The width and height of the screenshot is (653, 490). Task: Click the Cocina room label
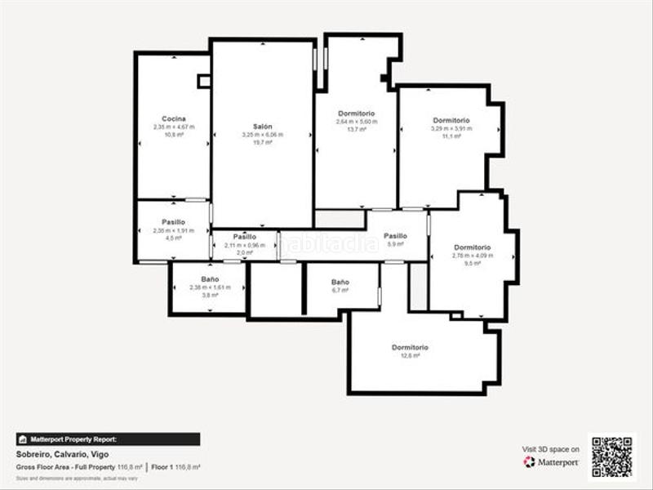[173, 119]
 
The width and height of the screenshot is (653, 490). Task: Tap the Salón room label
[262, 127]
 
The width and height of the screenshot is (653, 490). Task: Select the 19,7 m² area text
[262, 142]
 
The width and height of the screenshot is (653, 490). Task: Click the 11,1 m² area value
[451, 136]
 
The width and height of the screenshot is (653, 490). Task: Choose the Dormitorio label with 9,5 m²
[472, 247]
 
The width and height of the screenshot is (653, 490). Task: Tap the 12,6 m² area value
[410, 355]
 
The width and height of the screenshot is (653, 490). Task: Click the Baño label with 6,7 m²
[340, 282]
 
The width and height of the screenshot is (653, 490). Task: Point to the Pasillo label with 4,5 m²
[173, 222]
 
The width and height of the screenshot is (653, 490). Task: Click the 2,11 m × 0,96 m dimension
[245, 245]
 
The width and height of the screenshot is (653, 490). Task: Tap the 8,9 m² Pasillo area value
[395, 244]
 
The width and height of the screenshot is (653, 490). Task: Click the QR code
[611, 457]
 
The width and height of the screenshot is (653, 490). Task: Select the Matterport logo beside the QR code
[551, 462]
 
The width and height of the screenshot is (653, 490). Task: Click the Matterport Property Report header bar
[108, 439]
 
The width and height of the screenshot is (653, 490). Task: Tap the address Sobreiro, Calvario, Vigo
[62, 454]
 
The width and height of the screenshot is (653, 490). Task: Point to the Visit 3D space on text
[551, 449]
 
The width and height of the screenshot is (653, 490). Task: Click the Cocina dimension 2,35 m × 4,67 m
[173, 127]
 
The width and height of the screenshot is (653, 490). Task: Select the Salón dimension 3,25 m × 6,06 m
[262, 135]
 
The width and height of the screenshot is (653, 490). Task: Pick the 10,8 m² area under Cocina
[173, 135]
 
